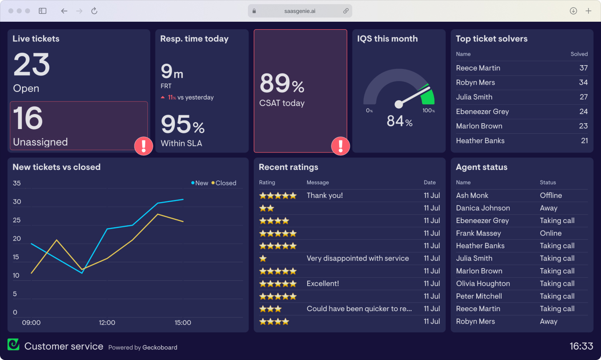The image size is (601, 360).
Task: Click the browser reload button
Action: (94, 11)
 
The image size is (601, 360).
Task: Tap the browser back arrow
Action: (64, 11)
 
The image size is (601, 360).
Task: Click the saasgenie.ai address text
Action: (300, 11)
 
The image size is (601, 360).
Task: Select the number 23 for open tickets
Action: (32, 65)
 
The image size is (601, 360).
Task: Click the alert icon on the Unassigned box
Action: (144, 146)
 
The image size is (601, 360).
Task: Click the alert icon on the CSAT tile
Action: (341, 146)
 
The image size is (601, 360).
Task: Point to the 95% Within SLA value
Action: (182, 125)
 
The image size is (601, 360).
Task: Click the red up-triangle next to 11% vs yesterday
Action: (163, 97)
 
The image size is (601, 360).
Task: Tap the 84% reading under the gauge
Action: (399, 121)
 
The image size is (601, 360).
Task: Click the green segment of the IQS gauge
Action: (428, 96)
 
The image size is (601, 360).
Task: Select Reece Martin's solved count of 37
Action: (583, 68)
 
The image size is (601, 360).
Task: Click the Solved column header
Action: (579, 54)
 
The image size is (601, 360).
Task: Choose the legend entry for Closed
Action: (224, 183)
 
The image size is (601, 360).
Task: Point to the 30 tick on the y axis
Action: (17, 202)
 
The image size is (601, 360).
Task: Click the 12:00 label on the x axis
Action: (107, 322)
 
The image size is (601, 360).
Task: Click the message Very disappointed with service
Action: (358, 259)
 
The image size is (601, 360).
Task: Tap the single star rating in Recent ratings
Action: (263, 259)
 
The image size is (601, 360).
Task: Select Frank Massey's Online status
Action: (550, 233)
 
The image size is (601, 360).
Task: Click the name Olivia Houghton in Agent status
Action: (483, 284)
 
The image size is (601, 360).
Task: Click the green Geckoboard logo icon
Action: (13, 344)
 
